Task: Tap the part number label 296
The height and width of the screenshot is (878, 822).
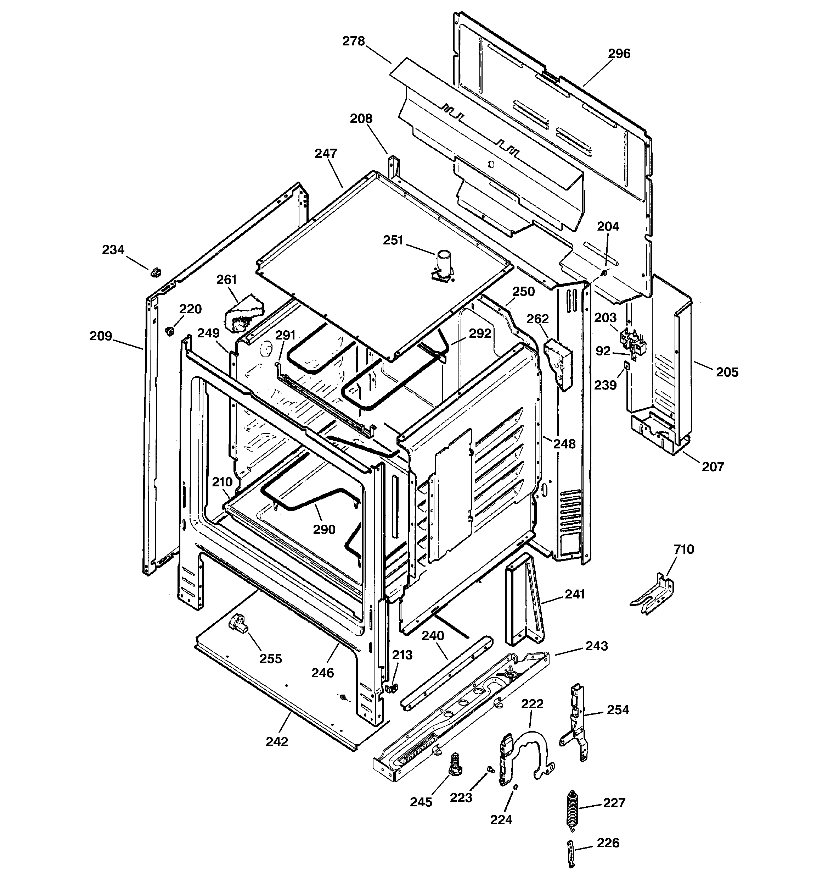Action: tap(619, 54)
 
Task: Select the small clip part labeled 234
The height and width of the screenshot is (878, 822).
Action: tap(154, 272)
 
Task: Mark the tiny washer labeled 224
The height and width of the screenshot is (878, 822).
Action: tap(516, 788)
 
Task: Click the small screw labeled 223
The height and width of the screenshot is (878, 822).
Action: tap(489, 769)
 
